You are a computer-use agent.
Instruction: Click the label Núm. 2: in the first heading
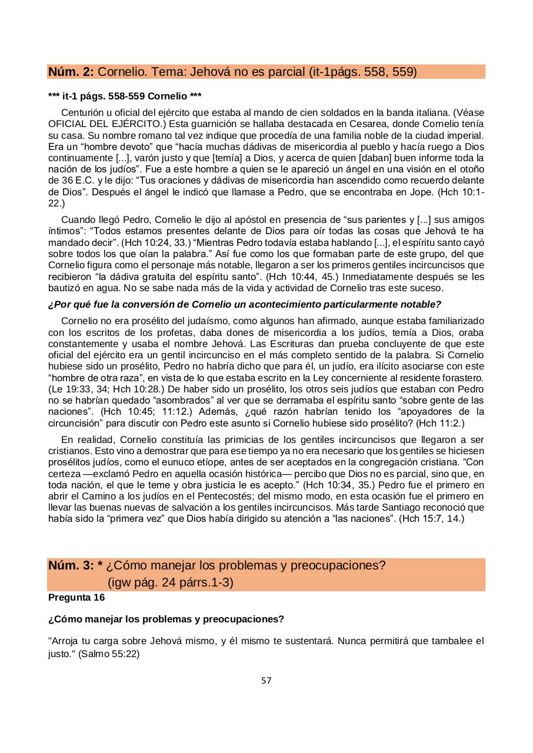(71, 72)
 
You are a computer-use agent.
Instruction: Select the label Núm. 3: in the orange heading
(71, 566)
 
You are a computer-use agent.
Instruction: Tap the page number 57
(266, 681)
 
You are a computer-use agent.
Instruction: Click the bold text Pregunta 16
(76, 598)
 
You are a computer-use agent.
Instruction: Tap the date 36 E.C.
(65, 181)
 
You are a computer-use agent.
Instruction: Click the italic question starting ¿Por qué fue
(244, 304)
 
